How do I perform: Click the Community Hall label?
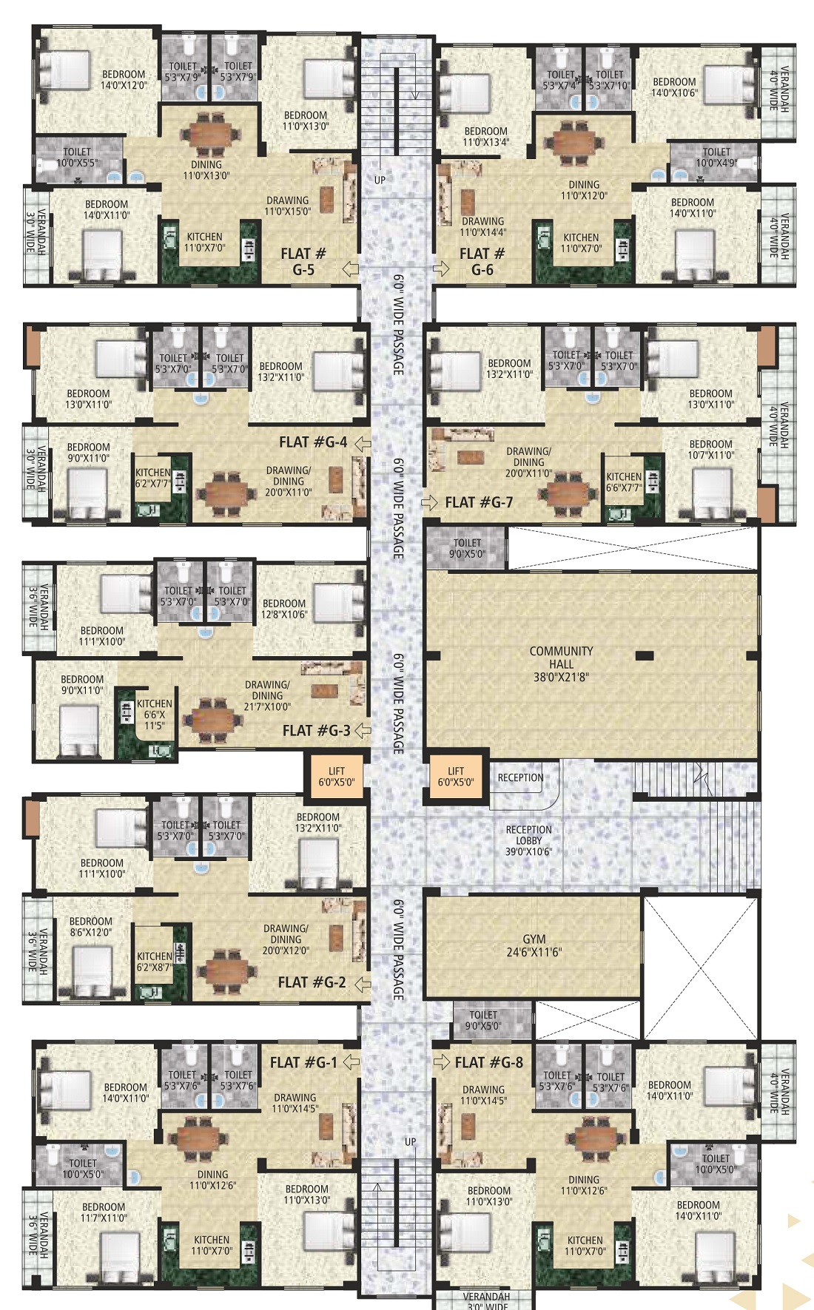pyautogui.click(x=561, y=664)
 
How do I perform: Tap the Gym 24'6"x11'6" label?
pyautogui.click(x=534, y=945)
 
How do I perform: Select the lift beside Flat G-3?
pyautogui.click(x=337, y=776)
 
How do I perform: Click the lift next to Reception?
pyautogui.click(x=456, y=777)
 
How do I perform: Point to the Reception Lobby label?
pyautogui.click(x=528, y=840)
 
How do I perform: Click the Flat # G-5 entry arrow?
pyautogui.click(x=350, y=269)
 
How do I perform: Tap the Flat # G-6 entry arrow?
pyautogui.click(x=440, y=269)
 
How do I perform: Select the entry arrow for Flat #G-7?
pyautogui.click(x=430, y=503)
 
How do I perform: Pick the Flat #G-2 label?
pyautogui.click(x=312, y=982)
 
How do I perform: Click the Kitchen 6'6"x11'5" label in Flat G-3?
pyautogui.click(x=155, y=715)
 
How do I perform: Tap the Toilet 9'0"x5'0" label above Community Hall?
pyautogui.click(x=467, y=548)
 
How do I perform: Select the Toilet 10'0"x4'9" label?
pyautogui.click(x=716, y=158)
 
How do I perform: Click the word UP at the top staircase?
pyautogui.click(x=380, y=180)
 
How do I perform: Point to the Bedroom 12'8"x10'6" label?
pyautogui.click(x=284, y=609)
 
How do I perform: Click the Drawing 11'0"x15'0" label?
pyautogui.click(x=288, y=206)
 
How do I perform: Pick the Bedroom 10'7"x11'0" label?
pyautogui.click(x=710, y=450)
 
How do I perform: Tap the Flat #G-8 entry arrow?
pyautogui.click(x=442, y=1062)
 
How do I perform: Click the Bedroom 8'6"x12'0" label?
pyautogui.click(x=91, y=927)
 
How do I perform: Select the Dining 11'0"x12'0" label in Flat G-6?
pyautogui.click(x=584, y=190)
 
